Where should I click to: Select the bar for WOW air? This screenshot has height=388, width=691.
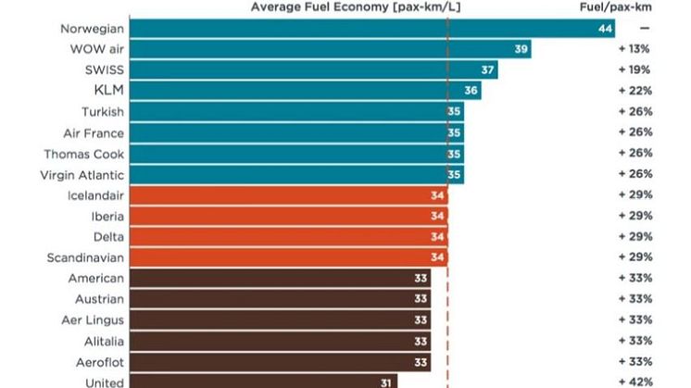tap(330, 49)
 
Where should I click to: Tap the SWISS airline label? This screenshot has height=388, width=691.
tap(104, 69)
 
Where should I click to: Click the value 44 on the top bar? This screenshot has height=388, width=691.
tap(606, 29)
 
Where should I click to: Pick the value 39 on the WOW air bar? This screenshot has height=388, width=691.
tap(521, 49)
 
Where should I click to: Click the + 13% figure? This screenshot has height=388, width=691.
tap(635, 49)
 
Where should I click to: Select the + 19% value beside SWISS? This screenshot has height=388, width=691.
tap(635, 69)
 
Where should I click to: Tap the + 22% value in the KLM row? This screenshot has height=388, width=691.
tap(635, 91)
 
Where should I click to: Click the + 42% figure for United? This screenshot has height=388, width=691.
tap(635, 381)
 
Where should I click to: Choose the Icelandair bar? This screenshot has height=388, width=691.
tap(288, 195)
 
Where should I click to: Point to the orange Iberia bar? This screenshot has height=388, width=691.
tap(288, 216)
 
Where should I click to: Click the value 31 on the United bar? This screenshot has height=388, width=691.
tap(384, 381)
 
